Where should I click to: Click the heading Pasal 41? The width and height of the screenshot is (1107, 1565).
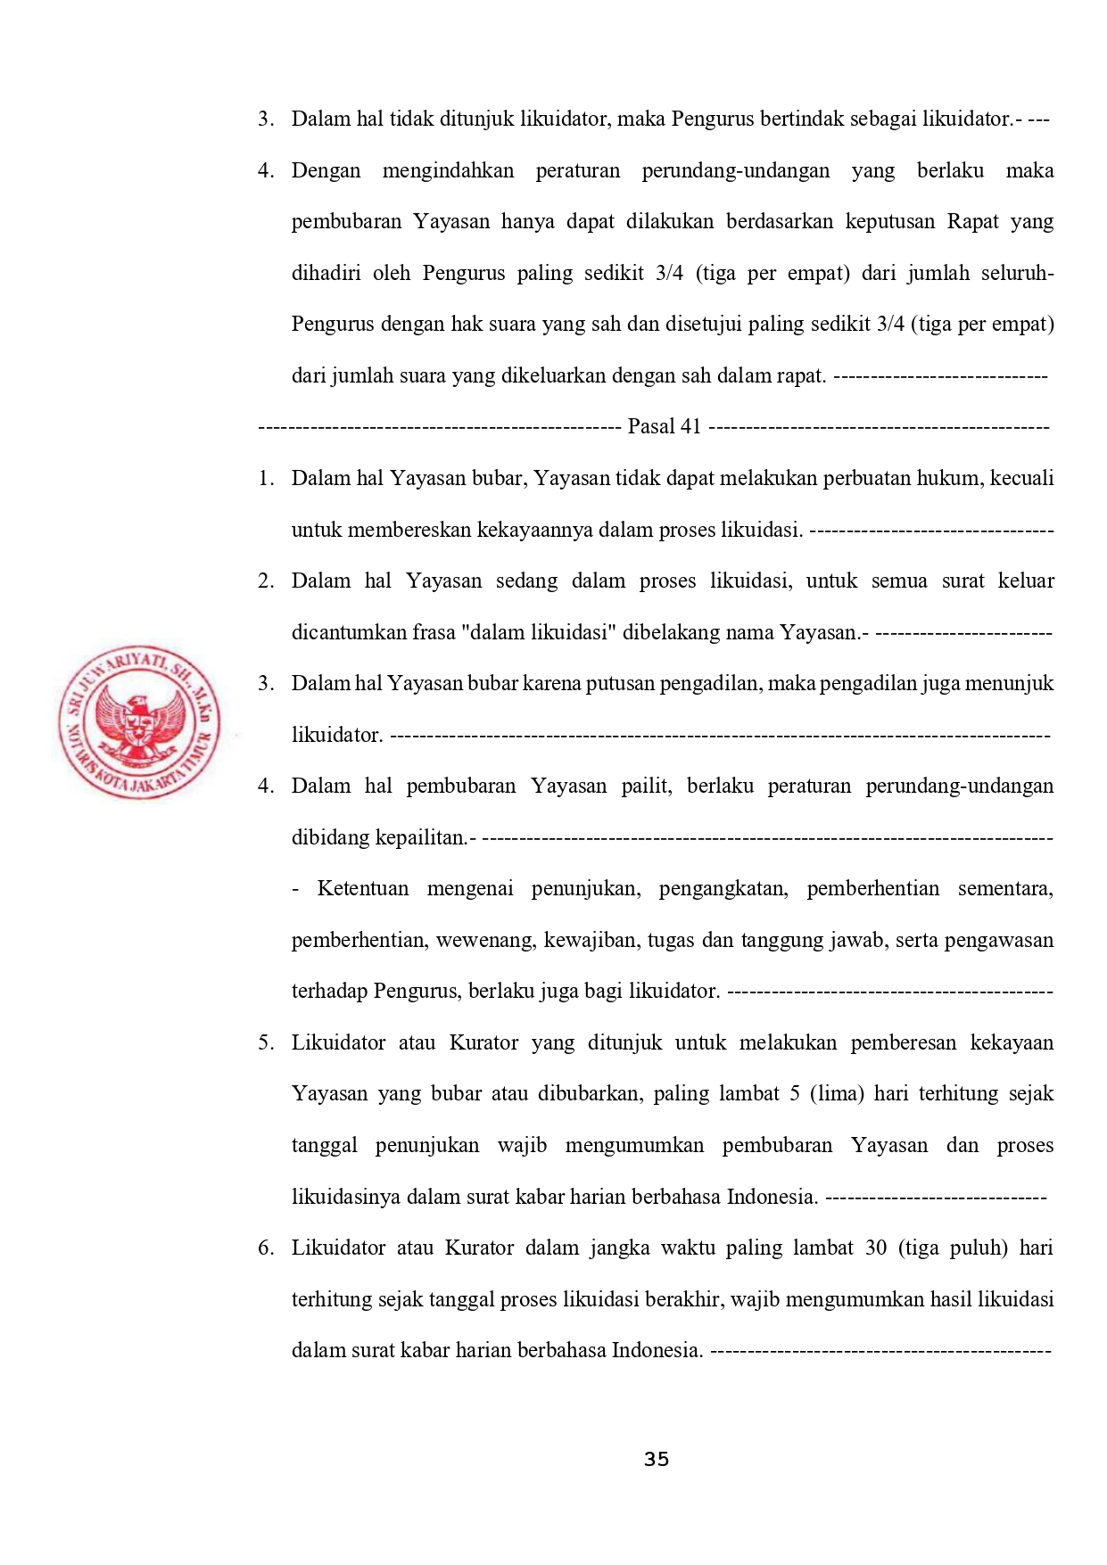(x=665, y=426)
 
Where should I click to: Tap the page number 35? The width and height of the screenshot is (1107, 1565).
(x=657, y=1460)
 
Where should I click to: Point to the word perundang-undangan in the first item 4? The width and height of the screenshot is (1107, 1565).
(x=736, y=170)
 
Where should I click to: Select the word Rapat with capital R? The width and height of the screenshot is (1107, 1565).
(x=973, y=221)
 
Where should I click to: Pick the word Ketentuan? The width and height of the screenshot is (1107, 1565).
(x=363, y=888)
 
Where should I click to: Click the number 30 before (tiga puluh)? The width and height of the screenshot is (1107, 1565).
(x=876, y=1248)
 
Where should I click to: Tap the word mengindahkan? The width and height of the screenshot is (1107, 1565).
(x=448, y=170)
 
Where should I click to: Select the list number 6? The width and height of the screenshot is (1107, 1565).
(x=265, y=1248)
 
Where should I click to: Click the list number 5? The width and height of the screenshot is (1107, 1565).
(x=265, y=1042)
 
